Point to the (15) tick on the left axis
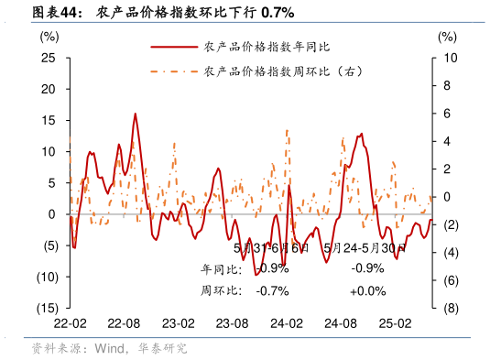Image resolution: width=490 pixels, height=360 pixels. (x=49, y=308)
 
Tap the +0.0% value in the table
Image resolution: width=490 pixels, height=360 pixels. (x=367, y=290)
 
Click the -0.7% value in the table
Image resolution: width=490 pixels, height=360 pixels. (x=272, y=290)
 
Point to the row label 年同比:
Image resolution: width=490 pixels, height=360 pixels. (x=221, y=269)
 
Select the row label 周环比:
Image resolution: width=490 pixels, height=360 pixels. (x=221, y=290)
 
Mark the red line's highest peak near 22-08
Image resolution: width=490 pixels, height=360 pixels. (x=136, y=114)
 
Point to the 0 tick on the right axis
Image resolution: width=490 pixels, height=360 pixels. (x=446, y=197)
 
